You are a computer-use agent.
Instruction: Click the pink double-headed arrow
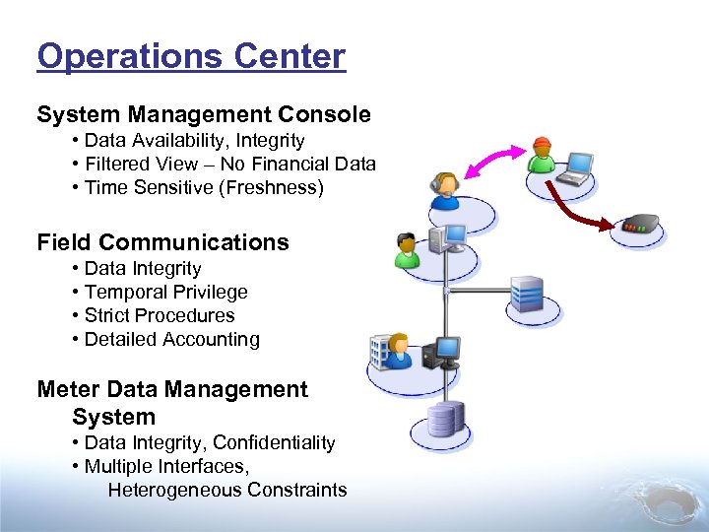pos(492,158)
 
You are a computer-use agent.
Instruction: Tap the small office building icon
pos(380,350)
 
